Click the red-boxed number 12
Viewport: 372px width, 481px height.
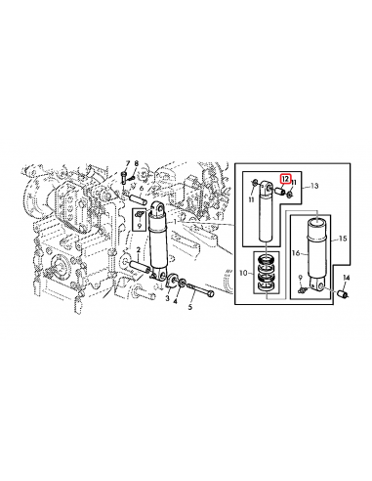pos(285,179)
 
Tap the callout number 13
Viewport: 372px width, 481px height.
pos(314,186)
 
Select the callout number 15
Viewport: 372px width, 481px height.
pos(343,239)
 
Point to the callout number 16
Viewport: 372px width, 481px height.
pos(296,253)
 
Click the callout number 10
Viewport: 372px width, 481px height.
pos(243,273)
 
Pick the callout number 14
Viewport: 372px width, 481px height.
pos(346,278)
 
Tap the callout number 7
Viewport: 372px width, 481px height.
pos(128,163)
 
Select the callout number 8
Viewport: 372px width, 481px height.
pos(137,163)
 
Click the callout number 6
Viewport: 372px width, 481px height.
pos(142,189)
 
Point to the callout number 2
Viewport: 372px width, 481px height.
pos(139,250)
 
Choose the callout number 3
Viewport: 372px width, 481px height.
pos(167,298)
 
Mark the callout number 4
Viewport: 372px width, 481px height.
pos(175,302)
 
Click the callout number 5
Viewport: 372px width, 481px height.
pos(190,307)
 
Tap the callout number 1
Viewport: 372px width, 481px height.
pos(175,222)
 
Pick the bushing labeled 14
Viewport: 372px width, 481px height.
pos(344,294)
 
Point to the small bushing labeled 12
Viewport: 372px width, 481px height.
pos(280,191)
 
